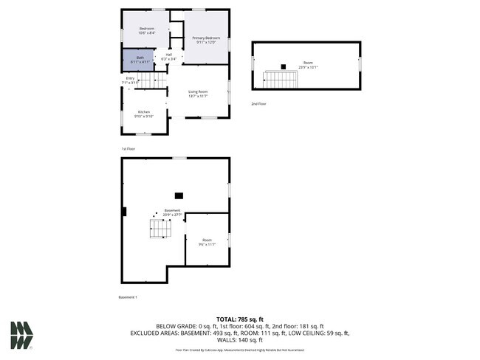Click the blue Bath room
138,58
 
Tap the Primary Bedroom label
207,38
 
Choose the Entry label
131,79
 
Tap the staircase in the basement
161,229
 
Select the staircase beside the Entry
151,79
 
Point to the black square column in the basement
178,195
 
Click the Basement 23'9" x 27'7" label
172,212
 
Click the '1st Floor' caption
128,148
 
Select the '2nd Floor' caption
258,104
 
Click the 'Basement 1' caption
128,297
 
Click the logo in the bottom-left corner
21,335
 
